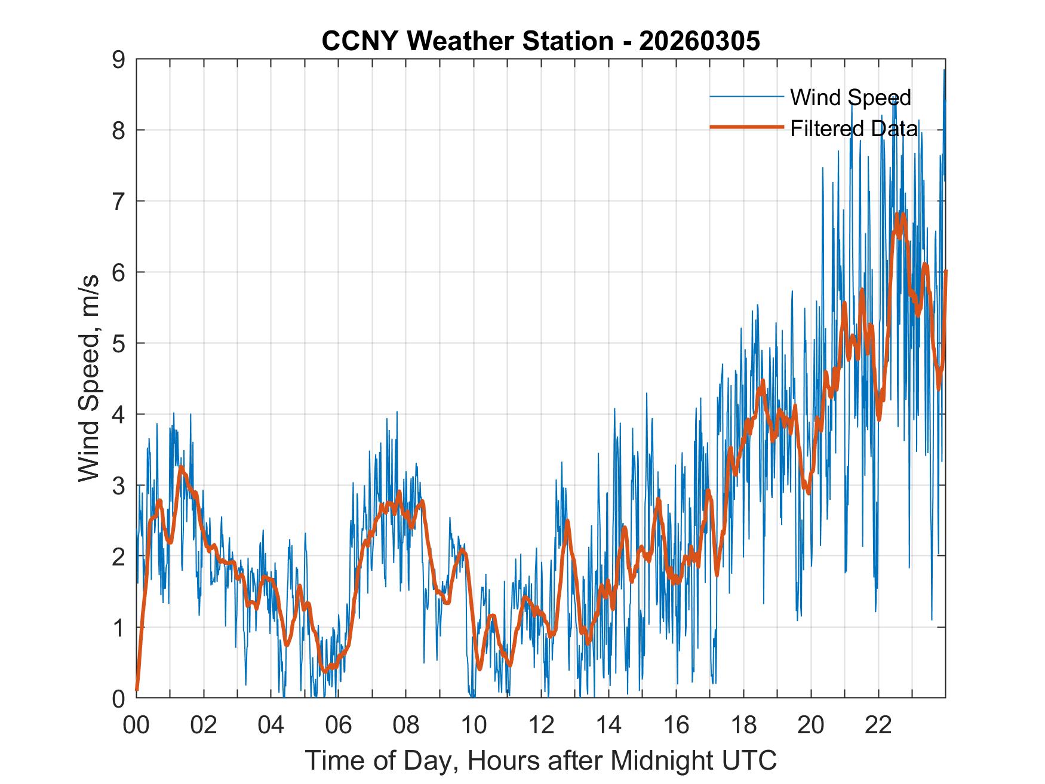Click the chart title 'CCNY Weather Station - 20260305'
pyautogui.click(x=540, y=41)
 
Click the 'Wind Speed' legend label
pyautogui.click(x=850, y=97)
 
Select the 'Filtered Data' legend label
pyautogui.click(x=854, y=128)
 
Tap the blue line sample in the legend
pyautogui.click(x=746, y=97)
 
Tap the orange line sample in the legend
pyautogui.click(x=746, y=127)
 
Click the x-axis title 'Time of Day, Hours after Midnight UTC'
pyautogui.click(x=541, y=761)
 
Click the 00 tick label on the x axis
pyautogui.click(x=136, y=726)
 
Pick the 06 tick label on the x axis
pyautogui.click(x=339, y=726)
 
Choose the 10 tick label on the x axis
pyautogui.click(x=474, y=726)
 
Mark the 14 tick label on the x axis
pyautogui.click(x=608, y=726)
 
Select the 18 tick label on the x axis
pyautogui.click(x=743, y=726)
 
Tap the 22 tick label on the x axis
pyautogui.click(x=878, y=726)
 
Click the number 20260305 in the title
pyautogui.click(x=699, y=41)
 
